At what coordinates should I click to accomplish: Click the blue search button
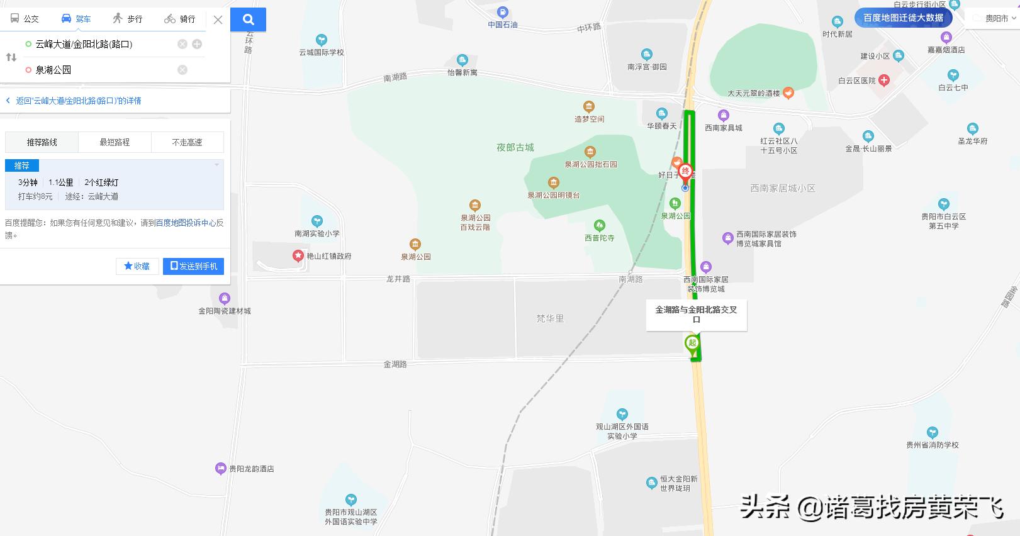248,20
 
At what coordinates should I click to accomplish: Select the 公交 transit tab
25,19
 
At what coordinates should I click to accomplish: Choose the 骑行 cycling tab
180,19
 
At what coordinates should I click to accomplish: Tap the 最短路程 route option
115,142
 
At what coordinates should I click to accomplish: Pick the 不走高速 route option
188,142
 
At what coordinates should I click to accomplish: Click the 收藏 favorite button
137,266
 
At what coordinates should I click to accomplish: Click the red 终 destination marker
685,171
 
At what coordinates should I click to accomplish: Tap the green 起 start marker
692,343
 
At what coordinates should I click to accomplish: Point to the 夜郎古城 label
515,147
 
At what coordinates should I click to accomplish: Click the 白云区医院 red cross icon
884,80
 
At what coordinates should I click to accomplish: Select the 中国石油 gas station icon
502,12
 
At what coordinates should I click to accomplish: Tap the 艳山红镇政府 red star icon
298,255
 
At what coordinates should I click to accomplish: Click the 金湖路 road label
395,364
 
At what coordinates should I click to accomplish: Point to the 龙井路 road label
398,279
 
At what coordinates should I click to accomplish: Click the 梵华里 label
550,318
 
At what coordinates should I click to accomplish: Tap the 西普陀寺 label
599,238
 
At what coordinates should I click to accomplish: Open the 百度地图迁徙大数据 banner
903,18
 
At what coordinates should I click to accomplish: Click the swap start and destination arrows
11,57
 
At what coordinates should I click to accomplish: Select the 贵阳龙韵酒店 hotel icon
220,468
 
